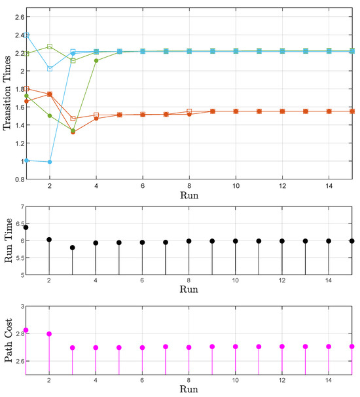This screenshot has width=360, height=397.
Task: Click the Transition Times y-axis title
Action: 7,93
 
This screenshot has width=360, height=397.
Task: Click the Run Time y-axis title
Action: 7,240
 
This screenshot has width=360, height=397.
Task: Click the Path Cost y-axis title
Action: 7,341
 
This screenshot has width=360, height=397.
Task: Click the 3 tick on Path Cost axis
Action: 20,307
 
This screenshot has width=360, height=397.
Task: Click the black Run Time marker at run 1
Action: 26,227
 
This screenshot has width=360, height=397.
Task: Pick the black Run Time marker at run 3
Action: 73,248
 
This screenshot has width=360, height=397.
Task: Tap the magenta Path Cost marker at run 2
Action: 49,334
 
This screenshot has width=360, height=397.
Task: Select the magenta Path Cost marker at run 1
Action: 26,330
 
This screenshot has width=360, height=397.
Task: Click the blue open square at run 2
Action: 49,68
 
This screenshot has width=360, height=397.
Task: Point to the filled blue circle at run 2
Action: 49,162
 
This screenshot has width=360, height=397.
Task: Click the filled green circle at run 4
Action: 96,60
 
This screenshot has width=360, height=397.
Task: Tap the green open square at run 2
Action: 49,47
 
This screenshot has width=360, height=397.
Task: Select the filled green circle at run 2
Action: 49,116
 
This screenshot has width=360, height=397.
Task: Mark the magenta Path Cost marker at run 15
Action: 352,346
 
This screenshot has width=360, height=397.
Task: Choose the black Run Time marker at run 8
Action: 189,241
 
